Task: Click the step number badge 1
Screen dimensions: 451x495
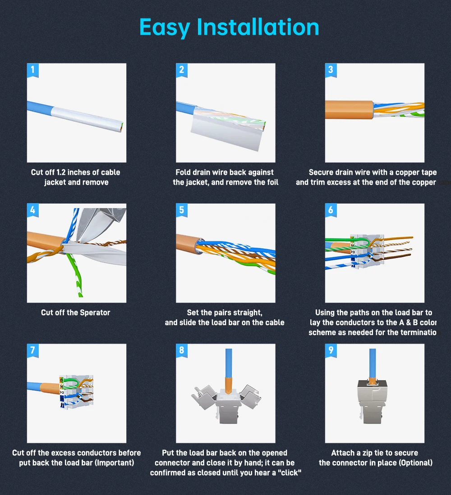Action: [32, 70]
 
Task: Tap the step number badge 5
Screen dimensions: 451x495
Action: [181, 210]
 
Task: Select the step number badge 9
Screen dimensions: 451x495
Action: [331, 350]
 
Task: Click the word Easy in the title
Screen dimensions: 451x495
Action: [164, 27]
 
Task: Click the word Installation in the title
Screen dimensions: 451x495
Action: [258, 27]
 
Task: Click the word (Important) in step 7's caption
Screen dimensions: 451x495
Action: [114, 463]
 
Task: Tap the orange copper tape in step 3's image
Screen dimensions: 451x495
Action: [348, 110]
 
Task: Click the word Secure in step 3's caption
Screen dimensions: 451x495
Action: [321, 173]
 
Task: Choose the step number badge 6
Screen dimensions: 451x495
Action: [331, 210]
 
